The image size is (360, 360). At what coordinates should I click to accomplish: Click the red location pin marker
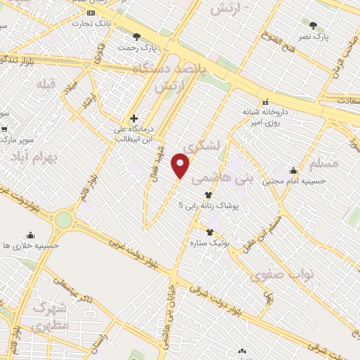[181, 166]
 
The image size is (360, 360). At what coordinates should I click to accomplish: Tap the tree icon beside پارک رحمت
[136, 37]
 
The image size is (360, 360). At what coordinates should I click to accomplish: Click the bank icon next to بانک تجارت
[89, 13]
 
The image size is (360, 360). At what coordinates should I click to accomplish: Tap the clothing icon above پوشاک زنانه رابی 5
[208, 195]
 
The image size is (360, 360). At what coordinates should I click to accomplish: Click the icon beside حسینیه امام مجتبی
[293, 171]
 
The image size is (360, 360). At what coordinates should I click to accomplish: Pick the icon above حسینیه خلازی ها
[30, 235]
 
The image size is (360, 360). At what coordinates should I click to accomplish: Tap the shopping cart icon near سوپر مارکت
[5, 129]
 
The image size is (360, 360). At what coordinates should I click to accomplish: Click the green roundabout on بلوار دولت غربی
[64, 220]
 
